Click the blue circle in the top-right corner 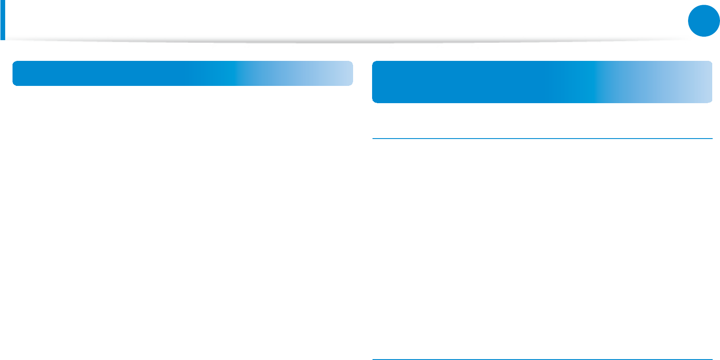coord(704,21)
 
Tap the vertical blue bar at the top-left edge coord(3,21)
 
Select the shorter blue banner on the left coord(183,73)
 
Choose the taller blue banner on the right coord(542,82)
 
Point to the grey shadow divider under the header coord(345,41)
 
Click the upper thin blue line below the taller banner coord(542,139)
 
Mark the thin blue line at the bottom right coord(542,359)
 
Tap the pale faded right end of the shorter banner coord(341,73)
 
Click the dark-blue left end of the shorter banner coord(26,73)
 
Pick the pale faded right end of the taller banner coord(699,82)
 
